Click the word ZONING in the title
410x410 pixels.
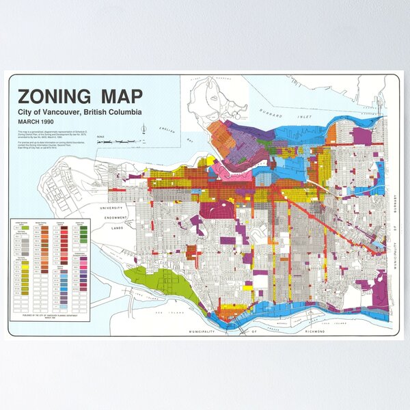[52, 96]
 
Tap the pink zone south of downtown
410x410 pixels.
[220, 166]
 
